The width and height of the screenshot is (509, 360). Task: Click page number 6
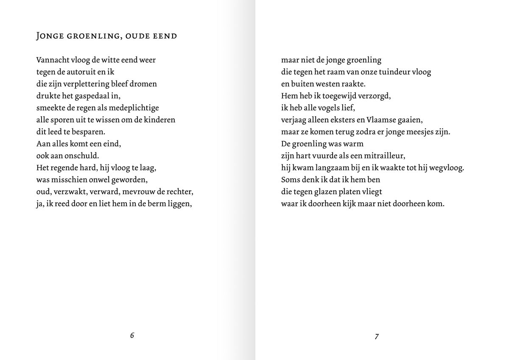(x=132, y=335)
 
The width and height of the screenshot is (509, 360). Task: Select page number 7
(x=377, y=337)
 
